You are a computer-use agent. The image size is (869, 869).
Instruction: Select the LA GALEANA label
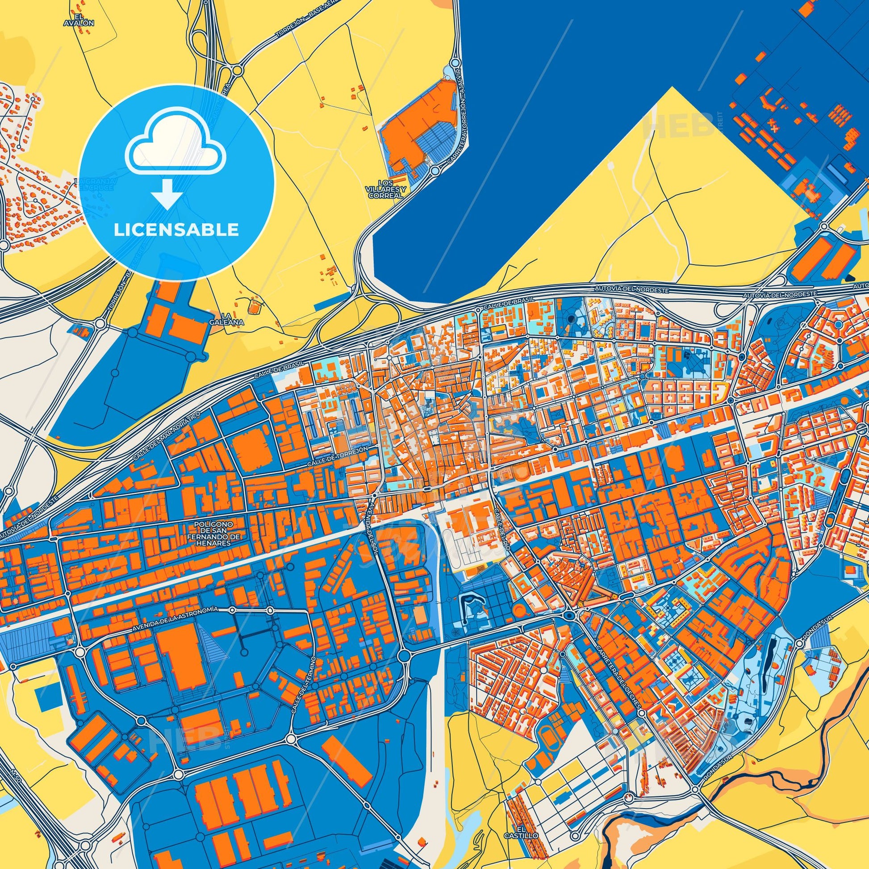pyautogui.click(x=233, y=319)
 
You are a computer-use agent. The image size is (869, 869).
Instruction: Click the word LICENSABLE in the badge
pyautogui.click(x=176, y=230)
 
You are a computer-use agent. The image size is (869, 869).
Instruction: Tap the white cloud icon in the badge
pyautogui.click(x=175, y=150)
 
